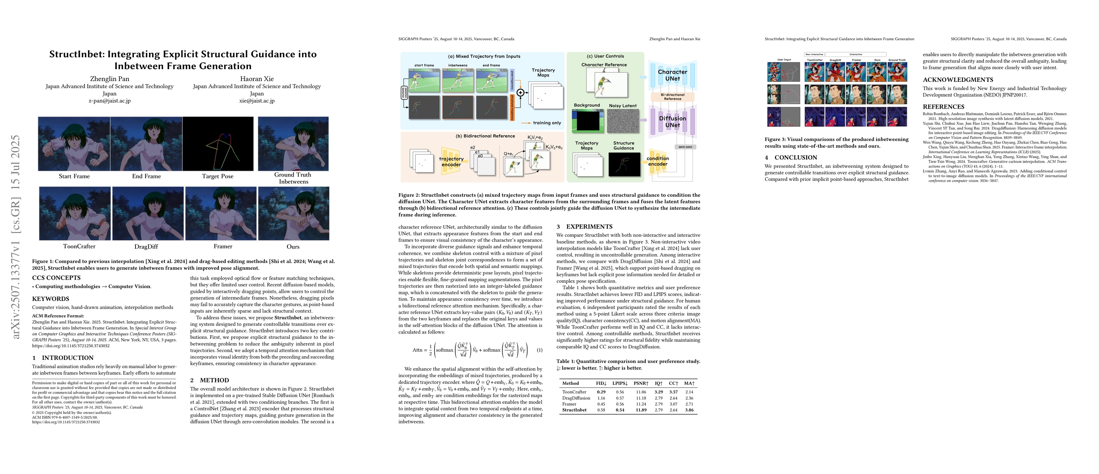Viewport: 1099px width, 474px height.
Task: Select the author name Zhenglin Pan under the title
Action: point(109,79)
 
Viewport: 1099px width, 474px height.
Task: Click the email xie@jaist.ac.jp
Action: point(257,101)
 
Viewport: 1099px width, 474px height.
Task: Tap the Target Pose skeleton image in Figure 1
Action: point(218,144)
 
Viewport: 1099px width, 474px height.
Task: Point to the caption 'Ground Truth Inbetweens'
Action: point(293,178)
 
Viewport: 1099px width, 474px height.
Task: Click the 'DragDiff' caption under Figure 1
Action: point(146,247)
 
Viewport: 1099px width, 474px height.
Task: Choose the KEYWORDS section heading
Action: point(50,299)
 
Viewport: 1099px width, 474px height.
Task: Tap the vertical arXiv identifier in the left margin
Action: point(16,237)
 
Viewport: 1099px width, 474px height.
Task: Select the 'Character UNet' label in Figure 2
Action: point(672,75)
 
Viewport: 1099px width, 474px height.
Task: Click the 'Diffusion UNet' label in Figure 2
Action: point(672,122)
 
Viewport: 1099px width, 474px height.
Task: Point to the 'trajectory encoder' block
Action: point(451,162)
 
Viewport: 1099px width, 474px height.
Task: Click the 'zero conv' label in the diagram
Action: point(685,147)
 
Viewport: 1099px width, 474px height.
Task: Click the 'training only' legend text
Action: point(547,123)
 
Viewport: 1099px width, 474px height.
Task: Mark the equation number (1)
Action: point(539,350)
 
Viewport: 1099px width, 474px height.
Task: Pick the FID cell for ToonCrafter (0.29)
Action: point(601,392)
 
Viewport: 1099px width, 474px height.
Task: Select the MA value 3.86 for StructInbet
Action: point(689,410)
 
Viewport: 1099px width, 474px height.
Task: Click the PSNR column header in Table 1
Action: point(641,383)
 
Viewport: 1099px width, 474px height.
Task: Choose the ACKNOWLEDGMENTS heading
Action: point(958,80)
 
